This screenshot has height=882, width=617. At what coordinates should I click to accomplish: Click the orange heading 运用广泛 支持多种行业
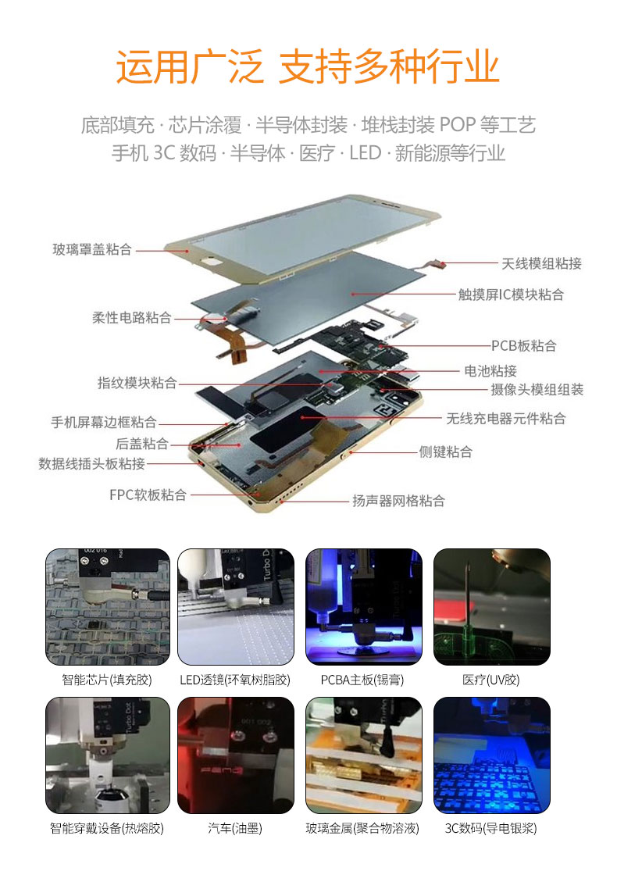(308, 66)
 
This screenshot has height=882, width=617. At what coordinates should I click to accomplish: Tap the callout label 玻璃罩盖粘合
(92, 249)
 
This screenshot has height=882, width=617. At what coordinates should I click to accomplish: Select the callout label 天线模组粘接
(542, 263)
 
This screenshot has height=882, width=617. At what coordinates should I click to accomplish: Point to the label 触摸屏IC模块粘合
(511, 295)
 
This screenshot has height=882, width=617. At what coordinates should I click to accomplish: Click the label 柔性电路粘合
(132, 317)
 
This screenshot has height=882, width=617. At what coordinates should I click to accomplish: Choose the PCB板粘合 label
(523, 345)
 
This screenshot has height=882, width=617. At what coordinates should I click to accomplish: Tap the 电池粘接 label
(490, 370)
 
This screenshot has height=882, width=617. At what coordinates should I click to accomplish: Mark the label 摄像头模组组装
(537, 389)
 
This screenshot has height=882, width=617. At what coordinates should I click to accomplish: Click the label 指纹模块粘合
(137, 383)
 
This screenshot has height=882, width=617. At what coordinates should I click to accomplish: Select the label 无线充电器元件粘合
(505, 418)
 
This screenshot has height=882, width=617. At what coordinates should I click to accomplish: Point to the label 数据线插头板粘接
(91, 463)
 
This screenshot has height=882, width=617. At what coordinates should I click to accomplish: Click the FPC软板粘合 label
(148, 495)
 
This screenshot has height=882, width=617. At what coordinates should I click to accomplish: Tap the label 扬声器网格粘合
(399, 501)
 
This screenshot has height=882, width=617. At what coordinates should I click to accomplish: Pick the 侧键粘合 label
(445, 452)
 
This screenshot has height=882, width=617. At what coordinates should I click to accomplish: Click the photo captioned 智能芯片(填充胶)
(108, 606)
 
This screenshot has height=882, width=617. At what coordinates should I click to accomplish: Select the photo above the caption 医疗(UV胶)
(491, 606)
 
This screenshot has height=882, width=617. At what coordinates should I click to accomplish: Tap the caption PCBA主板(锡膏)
(362, 680)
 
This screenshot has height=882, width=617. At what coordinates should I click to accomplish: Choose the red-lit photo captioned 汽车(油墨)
(236, 755)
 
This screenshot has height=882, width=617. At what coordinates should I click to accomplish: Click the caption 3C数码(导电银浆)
(491, 828)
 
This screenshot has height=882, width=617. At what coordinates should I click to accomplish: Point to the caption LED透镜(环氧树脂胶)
(235, 680)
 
